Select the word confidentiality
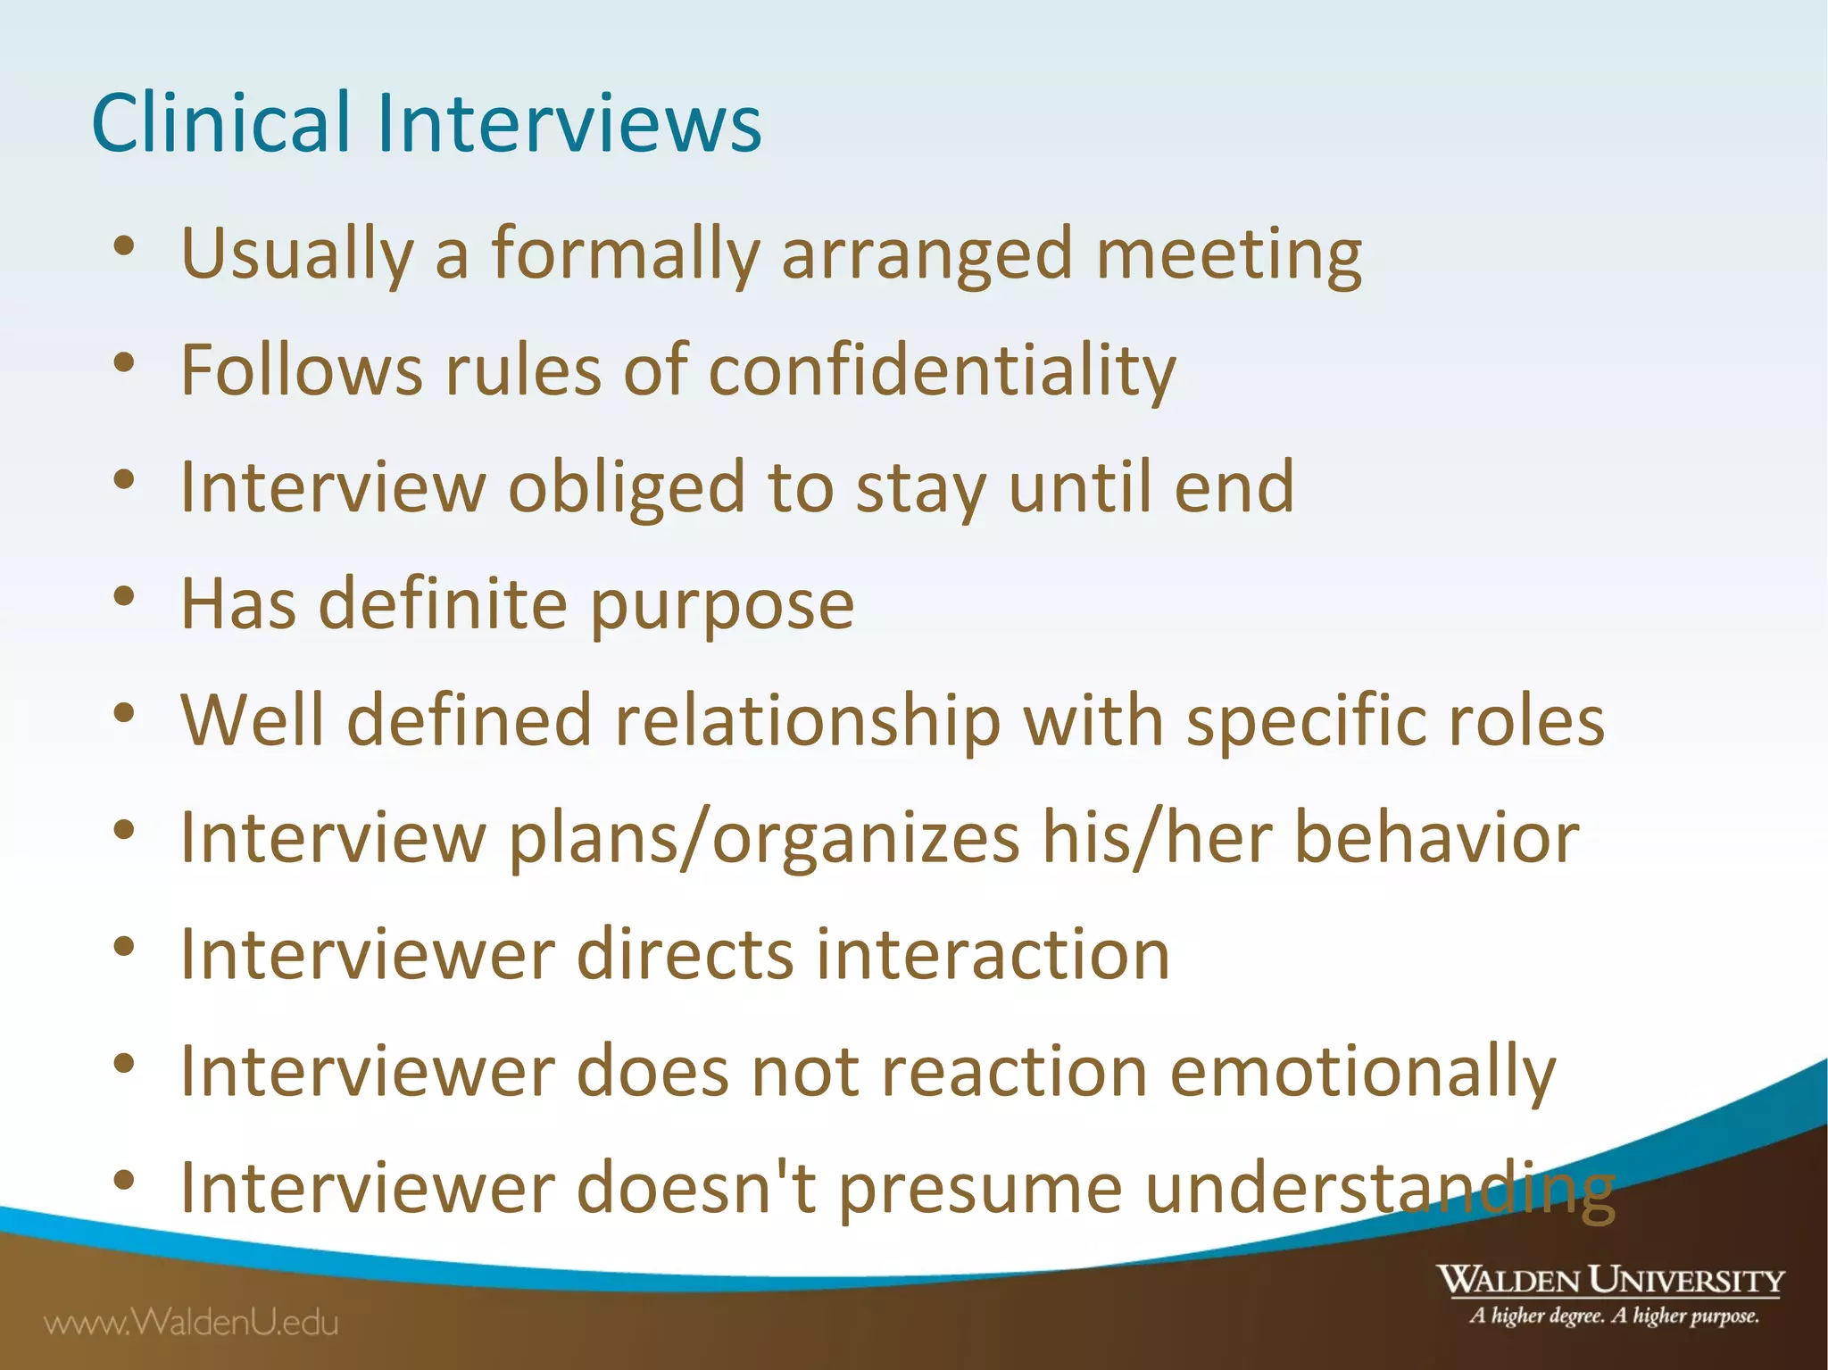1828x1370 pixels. tap(942, 371)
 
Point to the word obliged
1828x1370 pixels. tap(626, 488)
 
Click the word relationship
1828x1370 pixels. tap(807, 721)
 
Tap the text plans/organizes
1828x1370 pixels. tap(764, 839)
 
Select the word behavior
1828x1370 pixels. tap(1436, 839)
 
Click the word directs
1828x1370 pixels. tap(685, 955)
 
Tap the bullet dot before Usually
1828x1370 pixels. tap(124, 245)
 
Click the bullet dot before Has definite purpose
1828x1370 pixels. tap(124, 596)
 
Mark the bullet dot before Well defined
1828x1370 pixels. tap(124, 713)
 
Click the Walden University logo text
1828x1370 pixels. tap(1609, 1281)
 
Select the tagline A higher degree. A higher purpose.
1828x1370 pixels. tap(1614, 1316)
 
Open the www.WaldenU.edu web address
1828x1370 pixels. tap(192, 1322)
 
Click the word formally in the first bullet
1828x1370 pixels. tap(625, 254)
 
